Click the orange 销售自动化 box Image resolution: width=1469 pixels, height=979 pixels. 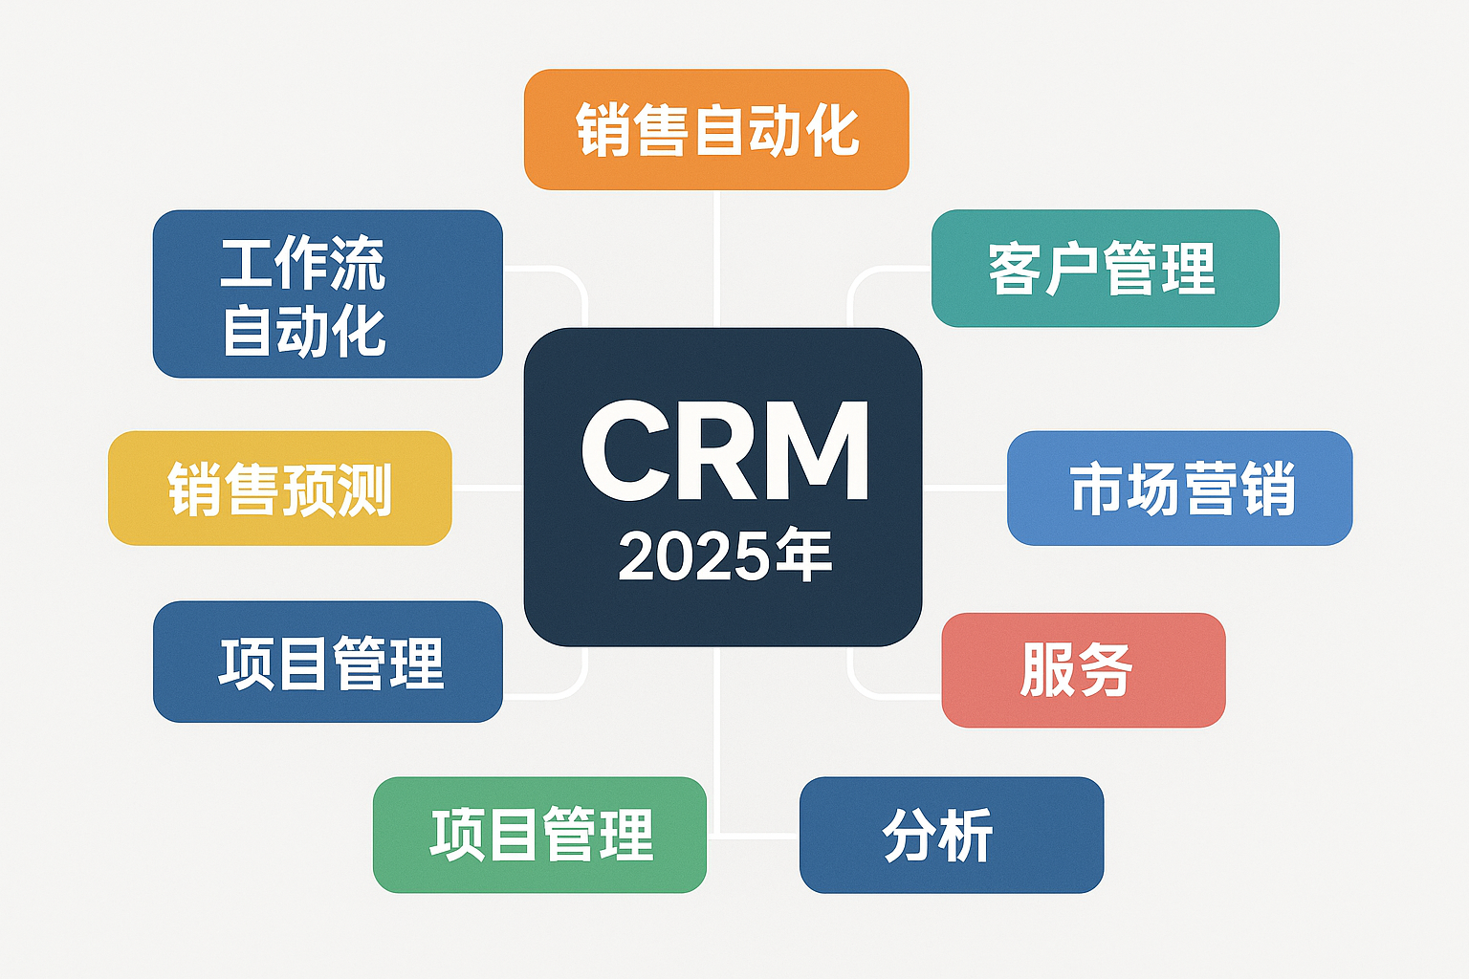point(716,129)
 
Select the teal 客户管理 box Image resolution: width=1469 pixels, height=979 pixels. point(1105,269)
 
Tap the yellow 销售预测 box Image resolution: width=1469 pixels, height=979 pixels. point(280,488)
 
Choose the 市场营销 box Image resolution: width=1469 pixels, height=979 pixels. point(1180,488)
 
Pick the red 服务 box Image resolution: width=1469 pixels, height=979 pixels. point(1084,669)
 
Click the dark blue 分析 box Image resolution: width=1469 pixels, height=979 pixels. point(952,835)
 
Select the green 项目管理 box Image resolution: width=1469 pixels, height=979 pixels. point(539,835)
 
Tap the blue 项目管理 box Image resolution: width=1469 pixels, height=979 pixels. point(328,662)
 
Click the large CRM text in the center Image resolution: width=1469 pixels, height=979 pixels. point(725,451)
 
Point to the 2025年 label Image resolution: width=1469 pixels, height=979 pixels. point(725,555)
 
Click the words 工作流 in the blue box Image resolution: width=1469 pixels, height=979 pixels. point(302,263)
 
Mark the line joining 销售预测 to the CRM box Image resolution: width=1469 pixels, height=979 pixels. point(488,488)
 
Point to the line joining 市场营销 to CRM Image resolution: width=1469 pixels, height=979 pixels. point(965,488)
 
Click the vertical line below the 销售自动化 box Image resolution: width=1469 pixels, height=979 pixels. point(716,259)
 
